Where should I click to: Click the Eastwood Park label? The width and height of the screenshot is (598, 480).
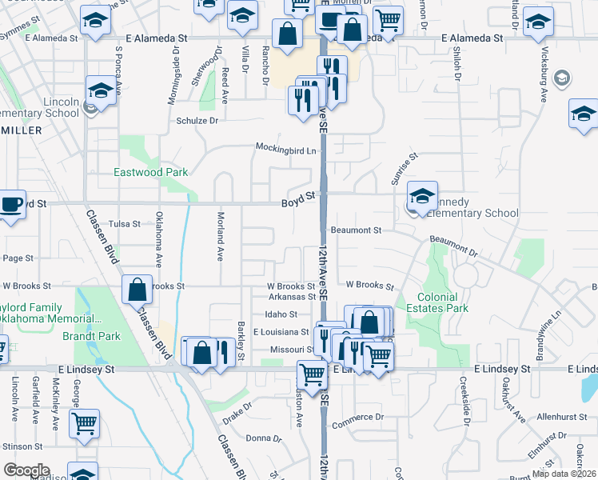click(x=151, y=172)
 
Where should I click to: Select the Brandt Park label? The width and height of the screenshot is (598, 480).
click(x=91, y=336)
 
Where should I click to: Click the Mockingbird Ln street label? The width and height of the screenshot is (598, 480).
click(x=285, y=148)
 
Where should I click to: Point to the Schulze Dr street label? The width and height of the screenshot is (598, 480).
click(x=197, y=120)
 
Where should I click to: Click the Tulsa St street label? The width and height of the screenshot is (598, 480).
click(x=124, y=224)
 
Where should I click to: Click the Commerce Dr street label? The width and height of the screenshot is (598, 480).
click(x=357, y=418)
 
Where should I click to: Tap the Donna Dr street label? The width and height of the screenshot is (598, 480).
click(x=259, y=438)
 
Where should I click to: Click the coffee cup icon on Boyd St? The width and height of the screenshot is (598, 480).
click(x=11, y=203)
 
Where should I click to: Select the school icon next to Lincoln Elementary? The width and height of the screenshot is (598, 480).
click(x=102, y=91)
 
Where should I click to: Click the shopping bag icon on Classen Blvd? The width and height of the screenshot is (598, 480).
click(x=138, y=288)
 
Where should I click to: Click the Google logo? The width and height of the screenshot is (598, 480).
click(x=26, y=470)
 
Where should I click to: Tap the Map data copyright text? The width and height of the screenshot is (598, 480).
click(x=564, y=474)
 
